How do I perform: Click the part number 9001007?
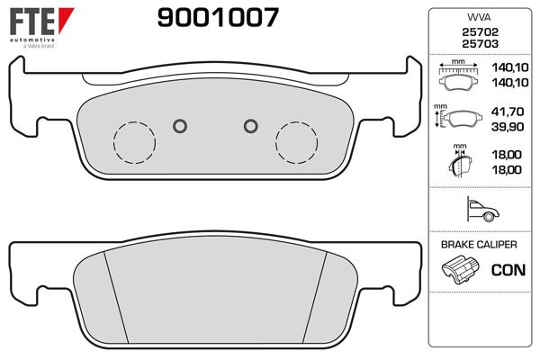pos(217,17)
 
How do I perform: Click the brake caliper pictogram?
pos(460,268)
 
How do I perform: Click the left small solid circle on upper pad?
pos(179,124)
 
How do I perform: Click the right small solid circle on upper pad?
pos(251,124)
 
